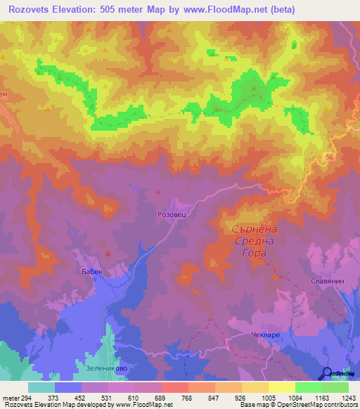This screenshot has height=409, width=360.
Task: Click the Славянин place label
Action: click(327, 280)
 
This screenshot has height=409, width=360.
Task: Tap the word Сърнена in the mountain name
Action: click(255, 230)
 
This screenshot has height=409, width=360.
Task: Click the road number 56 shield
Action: click(330, 158)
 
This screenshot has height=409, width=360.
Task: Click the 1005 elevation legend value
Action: click(268, 398)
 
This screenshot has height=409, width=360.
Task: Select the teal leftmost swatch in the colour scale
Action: click(41, 387)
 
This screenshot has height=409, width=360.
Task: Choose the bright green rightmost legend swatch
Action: click(335, 387)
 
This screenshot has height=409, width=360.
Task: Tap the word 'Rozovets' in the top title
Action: click(32, 9)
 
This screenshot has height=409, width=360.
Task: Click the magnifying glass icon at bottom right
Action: click(327, 373)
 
